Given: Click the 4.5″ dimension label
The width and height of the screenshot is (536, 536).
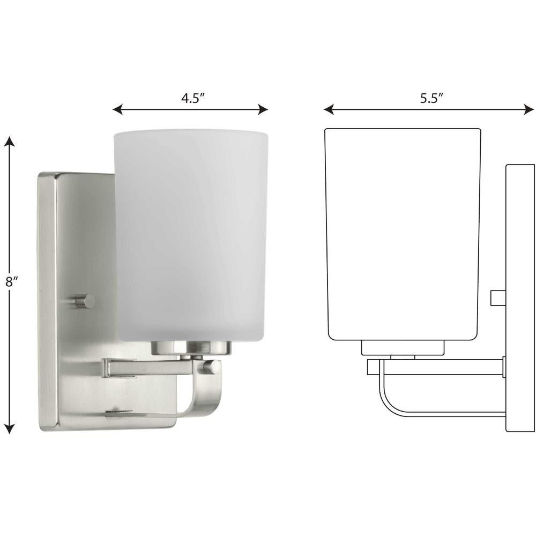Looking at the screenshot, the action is click(x=193, y=99).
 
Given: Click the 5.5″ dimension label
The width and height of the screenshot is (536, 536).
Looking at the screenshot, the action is click(x=431, y=99).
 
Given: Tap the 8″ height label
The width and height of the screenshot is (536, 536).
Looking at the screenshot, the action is click(x=12, y=282).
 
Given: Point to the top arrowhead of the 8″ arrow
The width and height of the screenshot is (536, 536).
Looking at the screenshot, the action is click(x=10, y=141).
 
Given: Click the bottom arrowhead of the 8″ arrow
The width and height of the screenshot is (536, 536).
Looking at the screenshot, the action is click(x=10, y=429).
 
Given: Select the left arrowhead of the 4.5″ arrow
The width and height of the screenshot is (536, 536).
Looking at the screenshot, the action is click(x=117, y=110).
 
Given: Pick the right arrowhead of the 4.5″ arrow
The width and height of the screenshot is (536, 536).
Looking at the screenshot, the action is click(x=263, y=110).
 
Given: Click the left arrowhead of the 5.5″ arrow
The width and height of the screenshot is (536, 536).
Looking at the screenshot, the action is click(x=329, y=110).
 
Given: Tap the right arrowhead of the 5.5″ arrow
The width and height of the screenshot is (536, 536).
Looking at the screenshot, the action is click(x=529, y=110).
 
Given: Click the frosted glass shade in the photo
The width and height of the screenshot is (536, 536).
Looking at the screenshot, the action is click(x=190, y=235).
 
